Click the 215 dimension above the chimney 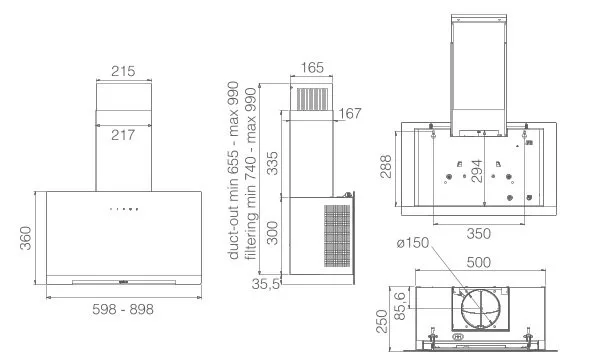[123, 71]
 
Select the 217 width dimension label [123, 135]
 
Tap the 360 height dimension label [25, 238]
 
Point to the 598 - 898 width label [123, 309]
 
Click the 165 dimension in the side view [312, 68]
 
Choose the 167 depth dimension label [350, 113]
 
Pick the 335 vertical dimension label [272, 164]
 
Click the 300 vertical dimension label [272, 233]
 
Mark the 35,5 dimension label [265, 284]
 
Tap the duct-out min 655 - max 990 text [233, 170]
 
